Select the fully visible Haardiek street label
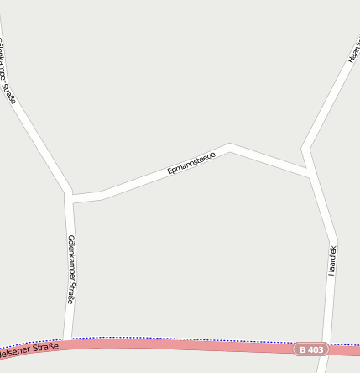coord(332,260)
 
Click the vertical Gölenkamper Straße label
coord(71,269)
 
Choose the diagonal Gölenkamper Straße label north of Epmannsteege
coord(8,74)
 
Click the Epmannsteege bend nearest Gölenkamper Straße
coord(102,195)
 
